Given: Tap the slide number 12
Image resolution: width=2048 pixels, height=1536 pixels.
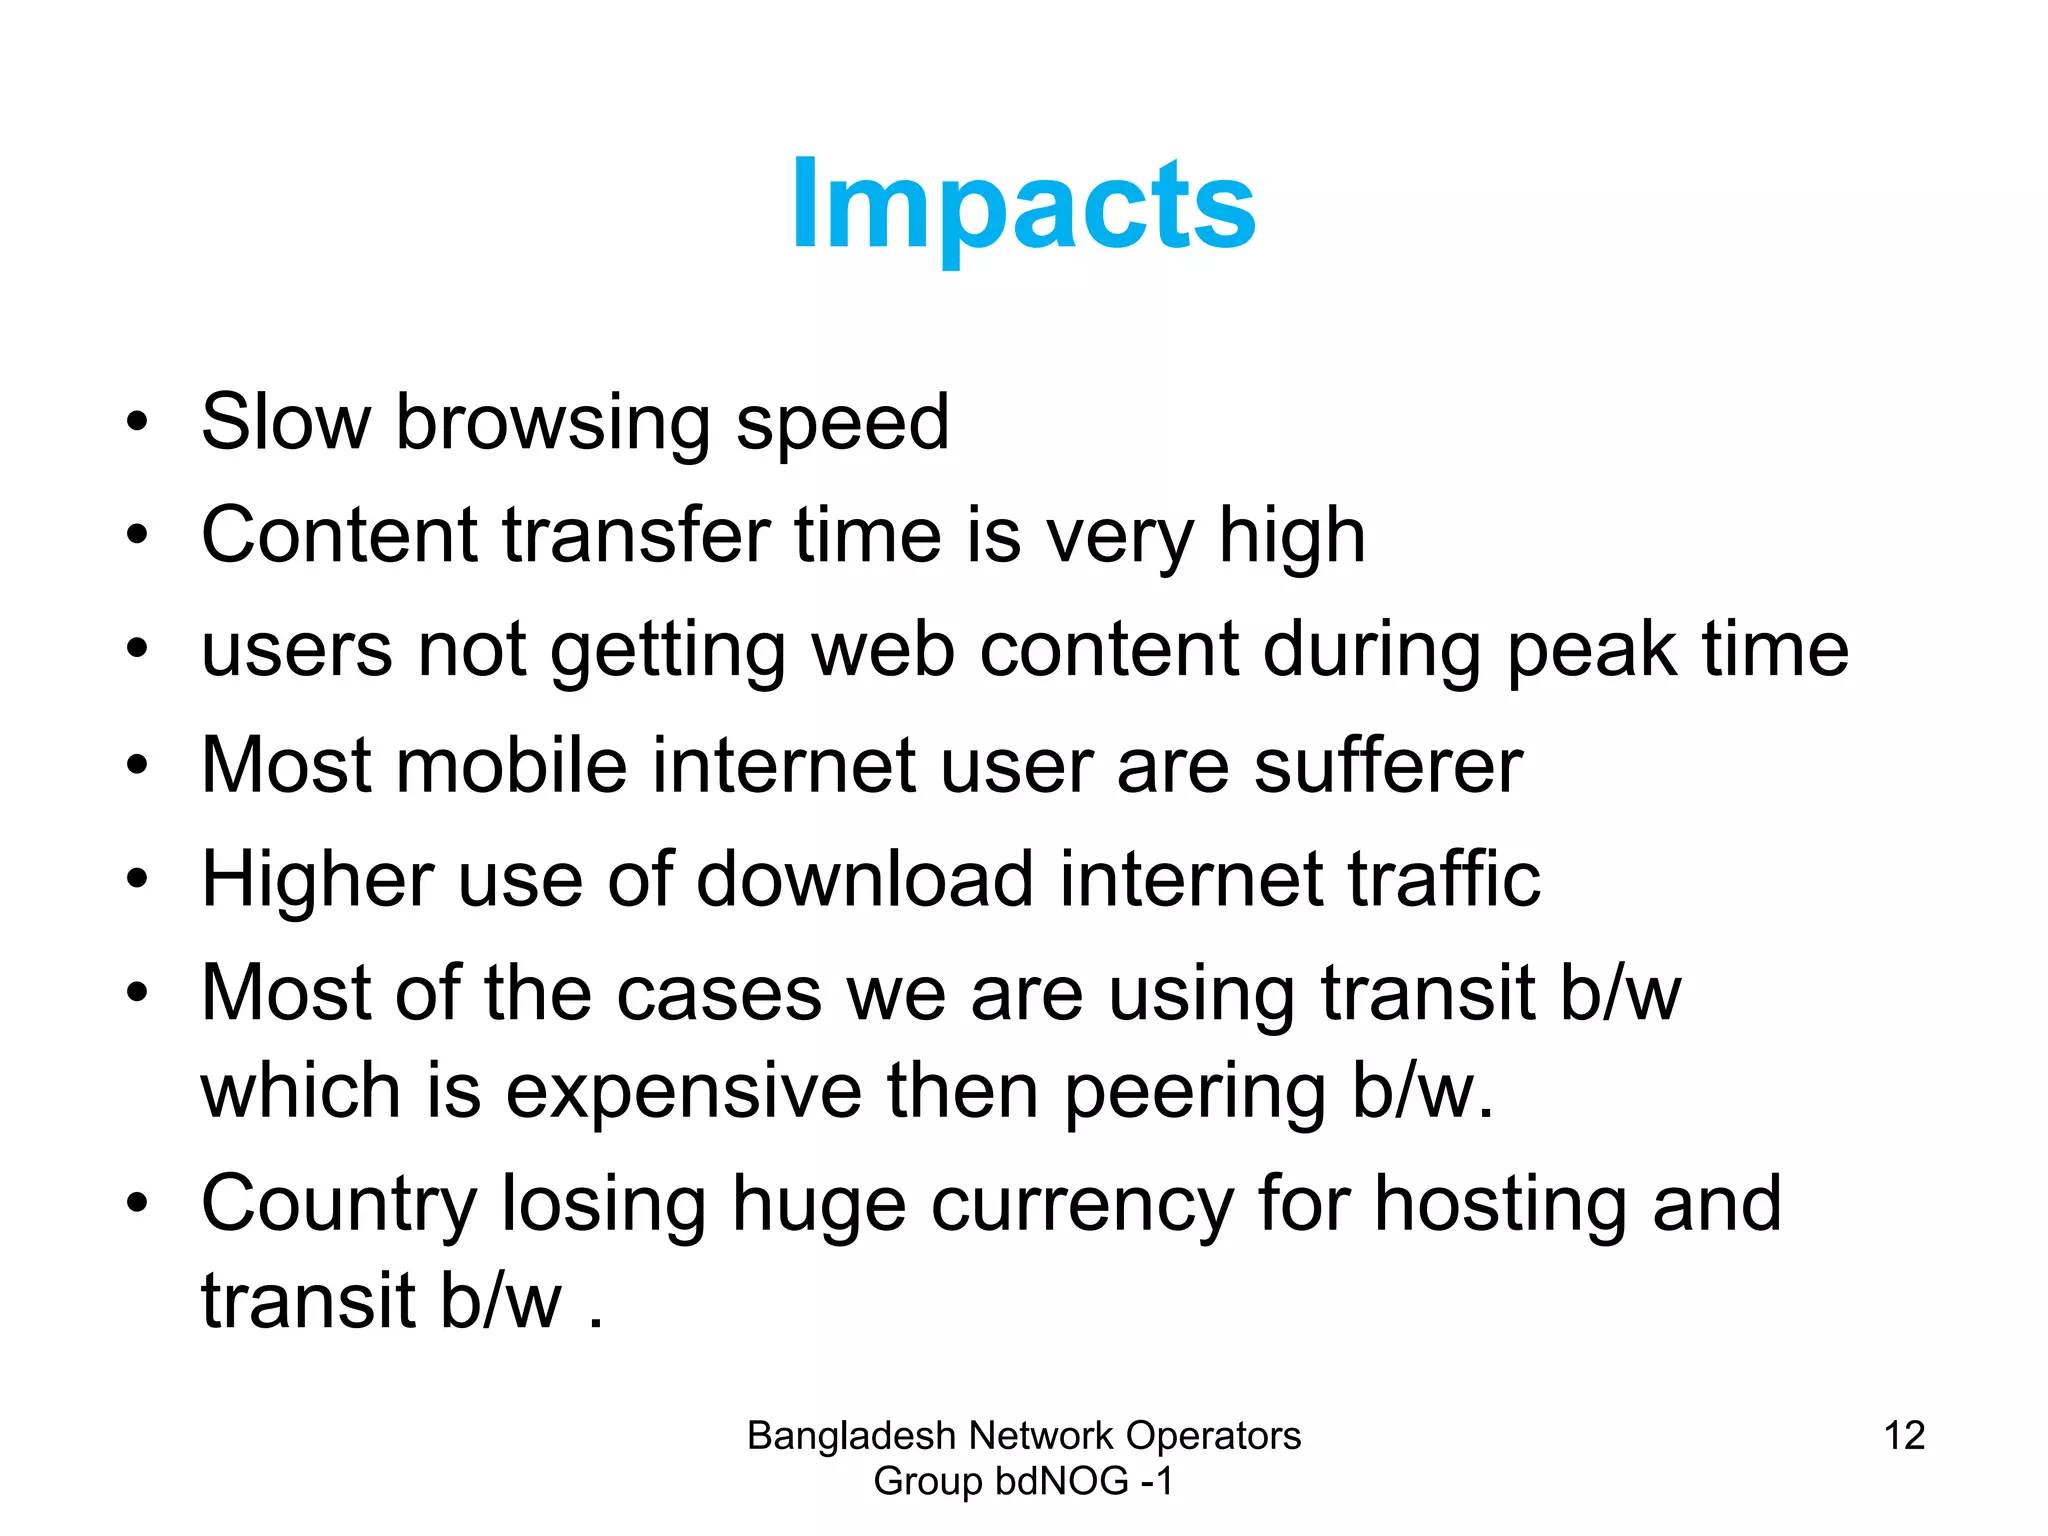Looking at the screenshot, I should [1904, 1436].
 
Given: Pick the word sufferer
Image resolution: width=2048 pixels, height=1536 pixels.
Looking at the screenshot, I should [1388, 766].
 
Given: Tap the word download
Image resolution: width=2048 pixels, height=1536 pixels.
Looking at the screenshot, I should [865, 880].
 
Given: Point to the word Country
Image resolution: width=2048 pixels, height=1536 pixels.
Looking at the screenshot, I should [338, 1205].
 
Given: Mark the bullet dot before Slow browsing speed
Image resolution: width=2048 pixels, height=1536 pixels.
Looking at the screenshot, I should [137, 423].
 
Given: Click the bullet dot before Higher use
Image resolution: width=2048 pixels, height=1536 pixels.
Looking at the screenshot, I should [137, 880].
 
